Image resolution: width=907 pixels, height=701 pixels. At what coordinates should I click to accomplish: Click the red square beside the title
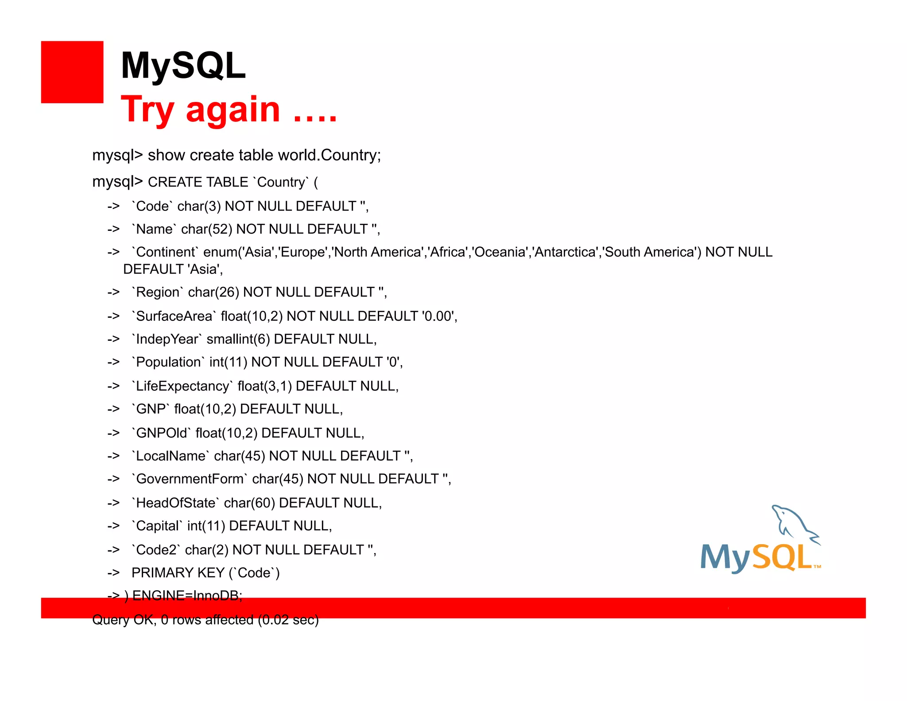72,72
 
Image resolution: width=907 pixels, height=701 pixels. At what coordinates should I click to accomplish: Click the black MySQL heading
183,66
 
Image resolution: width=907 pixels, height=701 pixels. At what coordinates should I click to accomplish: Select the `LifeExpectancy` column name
182,386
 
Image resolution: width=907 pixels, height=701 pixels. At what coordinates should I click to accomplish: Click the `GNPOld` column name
161,433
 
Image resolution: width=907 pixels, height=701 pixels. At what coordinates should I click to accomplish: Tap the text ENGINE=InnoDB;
187,596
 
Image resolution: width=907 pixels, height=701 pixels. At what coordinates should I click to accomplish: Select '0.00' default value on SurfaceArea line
438,316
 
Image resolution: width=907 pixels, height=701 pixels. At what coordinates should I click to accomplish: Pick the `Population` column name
168,362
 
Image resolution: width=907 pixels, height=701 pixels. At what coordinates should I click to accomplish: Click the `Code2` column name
156,550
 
